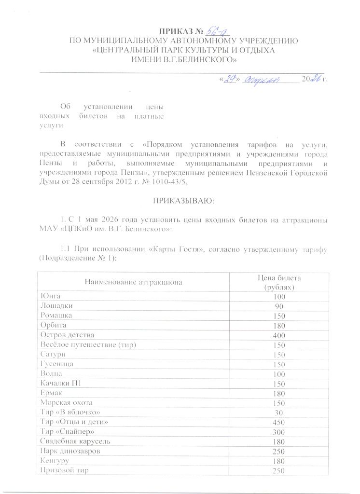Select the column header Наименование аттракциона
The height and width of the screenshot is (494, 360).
[x=134, y=281]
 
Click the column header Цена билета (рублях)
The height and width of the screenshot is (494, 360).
[x=279, y=282]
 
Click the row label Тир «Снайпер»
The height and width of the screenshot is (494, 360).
[x=67, y=431]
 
